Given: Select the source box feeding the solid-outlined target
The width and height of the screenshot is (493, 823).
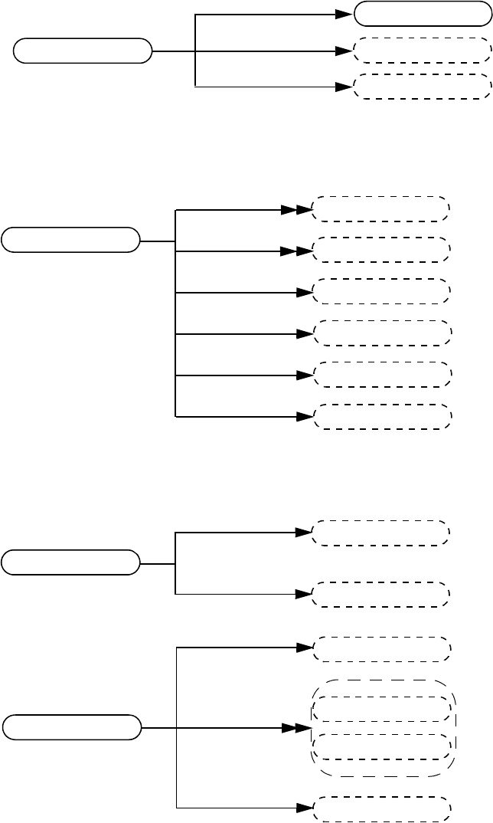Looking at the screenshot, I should point(83,51).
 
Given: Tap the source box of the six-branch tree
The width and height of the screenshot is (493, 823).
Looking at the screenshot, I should point(70,240).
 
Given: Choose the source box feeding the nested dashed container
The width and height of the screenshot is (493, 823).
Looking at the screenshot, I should point(71,727).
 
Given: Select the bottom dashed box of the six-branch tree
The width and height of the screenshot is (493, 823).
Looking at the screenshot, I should point(383,416).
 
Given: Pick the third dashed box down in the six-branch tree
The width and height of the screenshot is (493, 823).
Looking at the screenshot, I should point(383,292).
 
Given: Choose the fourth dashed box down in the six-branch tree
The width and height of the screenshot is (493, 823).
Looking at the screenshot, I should point(383,333).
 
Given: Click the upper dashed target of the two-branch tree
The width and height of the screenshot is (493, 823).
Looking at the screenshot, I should point(380,533).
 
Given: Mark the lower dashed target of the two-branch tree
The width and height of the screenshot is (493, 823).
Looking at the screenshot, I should point(380,595).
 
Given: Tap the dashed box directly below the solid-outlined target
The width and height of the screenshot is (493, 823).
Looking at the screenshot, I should point(422,51).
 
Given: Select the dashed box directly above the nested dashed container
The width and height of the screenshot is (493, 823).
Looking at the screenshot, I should point(382,648).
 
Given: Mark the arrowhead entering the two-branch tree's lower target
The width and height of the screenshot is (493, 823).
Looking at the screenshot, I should point(304,594).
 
